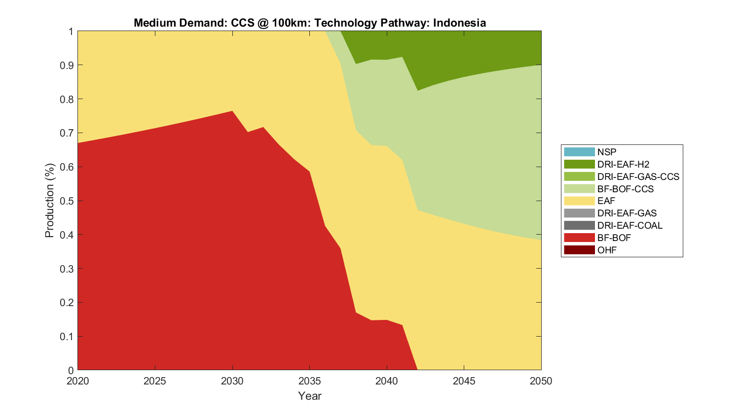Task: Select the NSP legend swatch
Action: click(x=579, y=152)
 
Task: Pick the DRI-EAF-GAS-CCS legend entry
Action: click(x=638, y=176)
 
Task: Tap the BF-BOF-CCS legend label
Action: click(x=625, y=189)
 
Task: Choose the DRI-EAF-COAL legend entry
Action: click(x=629, y=225)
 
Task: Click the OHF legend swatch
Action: click(x=579, y=250)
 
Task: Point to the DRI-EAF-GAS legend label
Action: click(x=627, y=213)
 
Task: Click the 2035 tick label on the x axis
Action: click(x=309, y=381)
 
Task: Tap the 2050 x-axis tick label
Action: click(x=541, y=381)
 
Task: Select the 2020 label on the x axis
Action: click(x=78, y=381)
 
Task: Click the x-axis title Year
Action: click(x=309, y=396)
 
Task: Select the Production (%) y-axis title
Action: click(x=49, y=201)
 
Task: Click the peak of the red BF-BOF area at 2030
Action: click(x=232, y=111)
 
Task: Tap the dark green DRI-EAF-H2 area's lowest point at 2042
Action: click(x=417, y=90)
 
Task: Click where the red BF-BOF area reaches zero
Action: click(x=417, y=369)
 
